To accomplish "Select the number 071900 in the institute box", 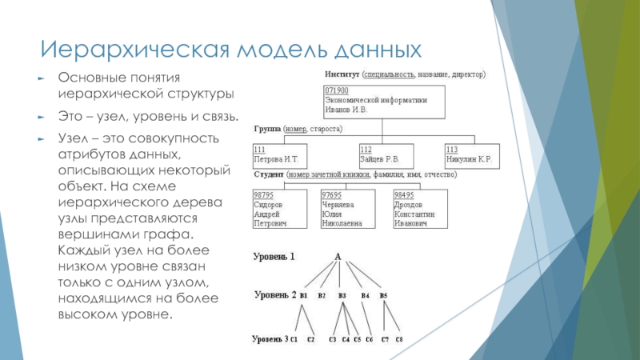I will pyautogui.click(x=336, y=91).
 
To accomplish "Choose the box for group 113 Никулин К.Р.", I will pyautogui.click(x=471, y=154).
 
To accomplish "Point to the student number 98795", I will pyautogui.click(x=263, y=194).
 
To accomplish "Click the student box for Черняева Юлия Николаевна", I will pyautogui.click(x=346, y=210).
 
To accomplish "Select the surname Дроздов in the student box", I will pyautogui.click(x=410, y=204).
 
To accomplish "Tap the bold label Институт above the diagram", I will pyautogui.click(x=342, y=74).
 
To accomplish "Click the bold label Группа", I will pyautogui.click(x=268, y=128).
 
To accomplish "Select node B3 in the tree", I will pyautogui.click(x=343, y=296).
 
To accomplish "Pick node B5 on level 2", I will pyautogui.click(x=383, y=296).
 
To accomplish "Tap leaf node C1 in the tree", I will pyautogui.click(x=294, y=340).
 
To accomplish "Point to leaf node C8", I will pyautogui.click(x=398, y=340).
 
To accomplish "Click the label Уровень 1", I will pyautogui.click(x=275, y=257).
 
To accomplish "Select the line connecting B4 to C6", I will pyautogui.click(x=366, y=318).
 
